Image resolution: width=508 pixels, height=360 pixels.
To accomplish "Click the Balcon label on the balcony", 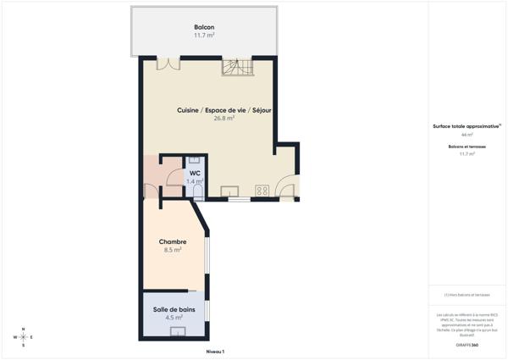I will coord(204,27).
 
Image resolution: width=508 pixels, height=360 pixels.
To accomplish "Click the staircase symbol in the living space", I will coord(237,67).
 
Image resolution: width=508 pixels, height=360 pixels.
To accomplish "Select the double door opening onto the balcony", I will coord(168,63).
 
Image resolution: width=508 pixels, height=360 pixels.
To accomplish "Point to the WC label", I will coord(195,173).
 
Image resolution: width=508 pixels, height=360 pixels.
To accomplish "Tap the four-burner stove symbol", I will coord(262,191).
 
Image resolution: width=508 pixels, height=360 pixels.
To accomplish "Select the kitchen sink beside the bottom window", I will coord(229,191).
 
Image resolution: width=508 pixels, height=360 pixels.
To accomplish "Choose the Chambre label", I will coord(173,241).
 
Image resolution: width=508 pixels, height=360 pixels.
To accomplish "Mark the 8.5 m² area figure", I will coord(173,250).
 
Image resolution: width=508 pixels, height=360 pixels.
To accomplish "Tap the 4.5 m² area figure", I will coord(173,318).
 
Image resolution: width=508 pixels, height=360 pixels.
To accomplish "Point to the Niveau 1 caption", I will coord(215,352).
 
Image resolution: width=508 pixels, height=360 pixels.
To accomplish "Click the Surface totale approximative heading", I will coord(467,126).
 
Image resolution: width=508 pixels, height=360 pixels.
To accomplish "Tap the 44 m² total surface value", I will coord(467,135).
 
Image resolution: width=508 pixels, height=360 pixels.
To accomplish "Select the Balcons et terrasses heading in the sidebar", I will coord(467,147).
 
